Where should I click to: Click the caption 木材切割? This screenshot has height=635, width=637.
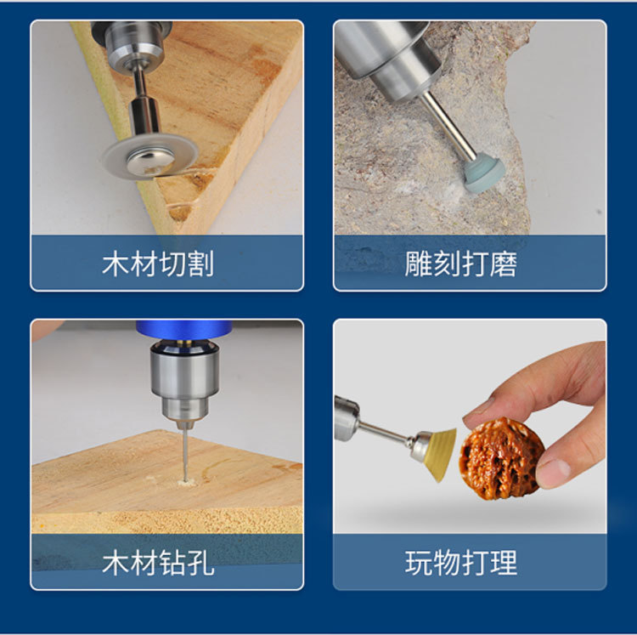pyautogui.click(x=157, y=264)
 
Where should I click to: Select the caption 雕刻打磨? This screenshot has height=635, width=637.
pyautogui.click(x=460, y=264)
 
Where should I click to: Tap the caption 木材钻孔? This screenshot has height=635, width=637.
pyautogui.click(x=157, y=562)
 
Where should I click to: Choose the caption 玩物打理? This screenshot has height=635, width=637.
pyautogui.click(x=460, y=562)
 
